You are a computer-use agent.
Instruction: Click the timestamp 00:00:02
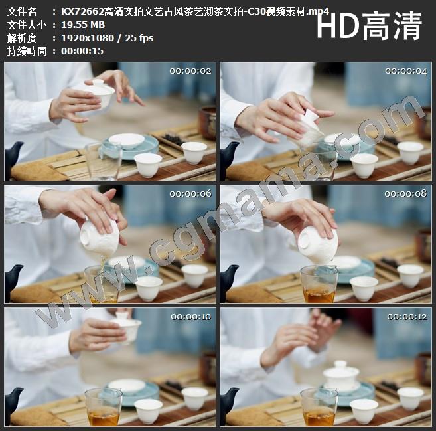(190, 71)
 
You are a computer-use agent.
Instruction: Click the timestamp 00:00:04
(406, 72)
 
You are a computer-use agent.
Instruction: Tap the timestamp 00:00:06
(190, 193)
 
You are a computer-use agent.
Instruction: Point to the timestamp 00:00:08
(405, 193)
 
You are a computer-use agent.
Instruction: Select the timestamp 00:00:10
(191, 317)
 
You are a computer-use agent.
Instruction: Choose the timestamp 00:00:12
(407, 317)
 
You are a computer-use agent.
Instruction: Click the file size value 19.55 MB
(83, 25)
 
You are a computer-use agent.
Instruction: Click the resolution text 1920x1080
(88, 38)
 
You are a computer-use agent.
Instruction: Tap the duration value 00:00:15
(82, 51)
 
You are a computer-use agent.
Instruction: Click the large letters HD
(338, 26)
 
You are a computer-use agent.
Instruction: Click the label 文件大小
(27, 25)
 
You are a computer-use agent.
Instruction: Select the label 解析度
(22, 38)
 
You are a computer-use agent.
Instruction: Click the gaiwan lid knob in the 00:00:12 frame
(340, 364)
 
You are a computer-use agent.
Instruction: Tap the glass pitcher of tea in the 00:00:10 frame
(103, 407)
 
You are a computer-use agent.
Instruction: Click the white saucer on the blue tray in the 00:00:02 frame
(127, 141)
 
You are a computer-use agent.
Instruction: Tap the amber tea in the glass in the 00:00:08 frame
(319, 296)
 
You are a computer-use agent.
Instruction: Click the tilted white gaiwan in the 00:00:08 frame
(318, 245)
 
